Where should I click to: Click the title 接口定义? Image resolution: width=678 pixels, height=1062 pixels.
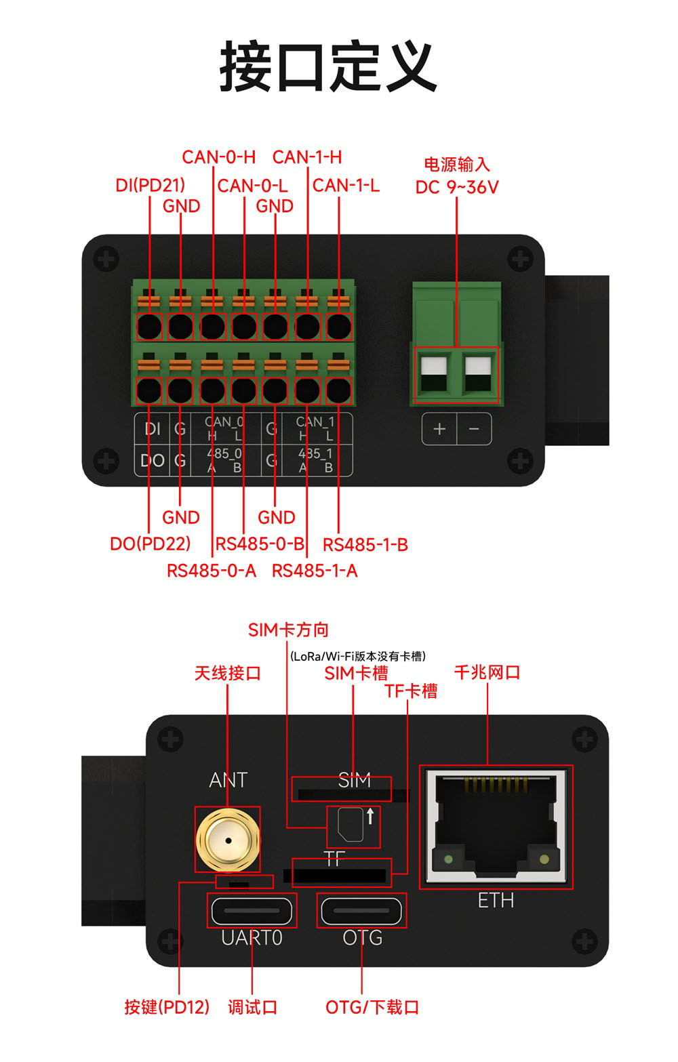coord(328,66)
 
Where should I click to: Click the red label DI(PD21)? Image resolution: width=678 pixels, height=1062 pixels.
coord(150,185)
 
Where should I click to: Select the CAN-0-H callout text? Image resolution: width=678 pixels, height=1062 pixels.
coord(218,157)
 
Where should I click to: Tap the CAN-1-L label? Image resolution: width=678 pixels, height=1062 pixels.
coord(346,185)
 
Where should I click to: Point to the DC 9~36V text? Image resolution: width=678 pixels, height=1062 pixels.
coord(456,187)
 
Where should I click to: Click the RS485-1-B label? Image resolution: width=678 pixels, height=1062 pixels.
coord(365,545)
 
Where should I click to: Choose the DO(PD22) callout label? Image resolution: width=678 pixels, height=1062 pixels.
coord(150,544)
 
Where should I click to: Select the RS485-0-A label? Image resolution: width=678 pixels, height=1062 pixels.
coord(212,571)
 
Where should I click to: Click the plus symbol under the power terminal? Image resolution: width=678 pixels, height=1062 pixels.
coord(439,429)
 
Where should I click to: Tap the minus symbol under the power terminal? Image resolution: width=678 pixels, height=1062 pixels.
coord(474,429)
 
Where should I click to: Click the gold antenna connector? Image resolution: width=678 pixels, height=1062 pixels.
coord(227,840)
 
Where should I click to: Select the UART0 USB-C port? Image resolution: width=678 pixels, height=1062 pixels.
coord(252,911)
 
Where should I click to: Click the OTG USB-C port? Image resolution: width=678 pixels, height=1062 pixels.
coord(361,911)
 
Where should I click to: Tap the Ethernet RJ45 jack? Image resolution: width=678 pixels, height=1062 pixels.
coord(496,827)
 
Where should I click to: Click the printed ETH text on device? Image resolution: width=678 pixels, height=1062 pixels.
coord(496,901)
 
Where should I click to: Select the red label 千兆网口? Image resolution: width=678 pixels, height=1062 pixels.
coord(487,672)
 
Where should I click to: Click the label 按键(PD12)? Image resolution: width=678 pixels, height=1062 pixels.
coord(167,1007)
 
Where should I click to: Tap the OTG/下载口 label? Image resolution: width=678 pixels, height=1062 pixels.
coord(372,1007)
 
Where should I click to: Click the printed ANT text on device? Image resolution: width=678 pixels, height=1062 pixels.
coord(228,781)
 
